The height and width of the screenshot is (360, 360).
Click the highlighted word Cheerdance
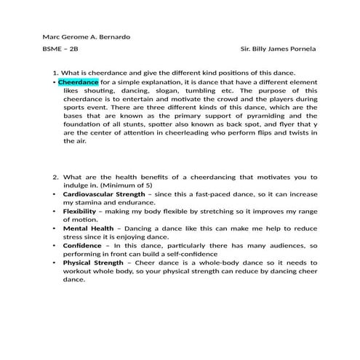tap(78, 83)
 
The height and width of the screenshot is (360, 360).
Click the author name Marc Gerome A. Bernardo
tap(87, 37)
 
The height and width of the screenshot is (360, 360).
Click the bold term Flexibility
tap(79, 211)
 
